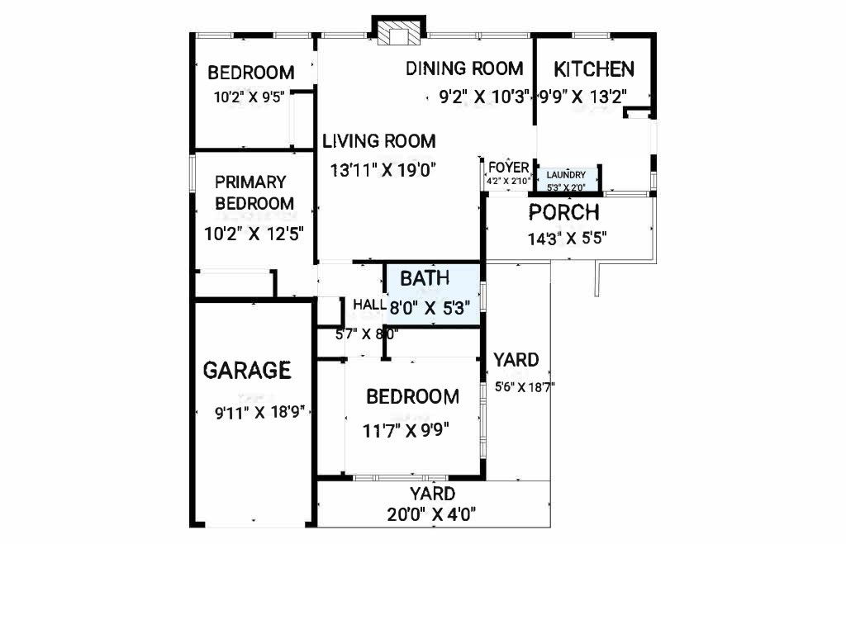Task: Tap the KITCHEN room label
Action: pyautogui.click(x=594, y=69)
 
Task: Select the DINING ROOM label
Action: pyautogui.click(x=464, y=69)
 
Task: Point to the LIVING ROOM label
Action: pyautogui.click(x=378, y=141)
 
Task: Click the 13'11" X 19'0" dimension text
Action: pyautogui.click(x=383, y=170)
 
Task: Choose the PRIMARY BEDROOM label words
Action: pyautogui.click(x=254, y=192)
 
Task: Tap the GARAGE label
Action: pyautogui.click(x=247, y=371)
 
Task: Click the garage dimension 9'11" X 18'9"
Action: pyautogui.click(x=260, y=413)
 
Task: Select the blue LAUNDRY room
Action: pyautogui.click(x=565, y=180)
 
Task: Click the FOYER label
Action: pyautogui.click(x=509, y=167)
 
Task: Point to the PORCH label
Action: pyautogui.click(x=563, y=212)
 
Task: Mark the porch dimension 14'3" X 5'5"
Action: pyautogui.click(x=567, y=239)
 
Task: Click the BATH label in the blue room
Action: pyautogui.click(x=425, y=278)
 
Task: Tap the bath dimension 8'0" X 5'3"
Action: pyautogui.click(x=430, y=309)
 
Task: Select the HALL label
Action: pyautogui.click(x=369, y=305)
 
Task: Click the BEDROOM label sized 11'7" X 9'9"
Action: pyautogui.click(x=413, y=397)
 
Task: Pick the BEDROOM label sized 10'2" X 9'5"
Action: pyautogui.click(x=251, y=73)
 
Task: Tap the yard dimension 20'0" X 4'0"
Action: pyautogui.click(x=431, y=514)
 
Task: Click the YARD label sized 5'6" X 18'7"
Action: pyautogui.click(x=516, y=360)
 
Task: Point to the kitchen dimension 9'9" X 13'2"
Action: pyautogui.click(x=583, y=97)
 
